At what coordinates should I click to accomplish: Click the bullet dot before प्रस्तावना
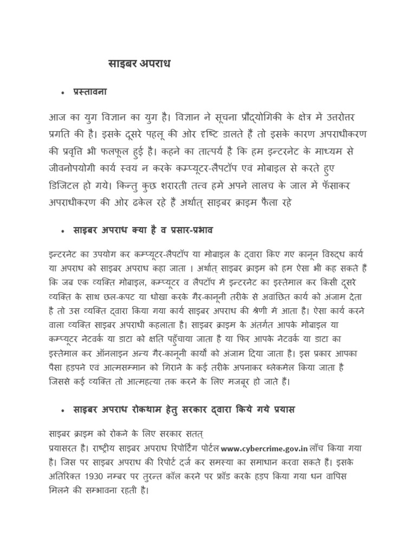63,94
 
